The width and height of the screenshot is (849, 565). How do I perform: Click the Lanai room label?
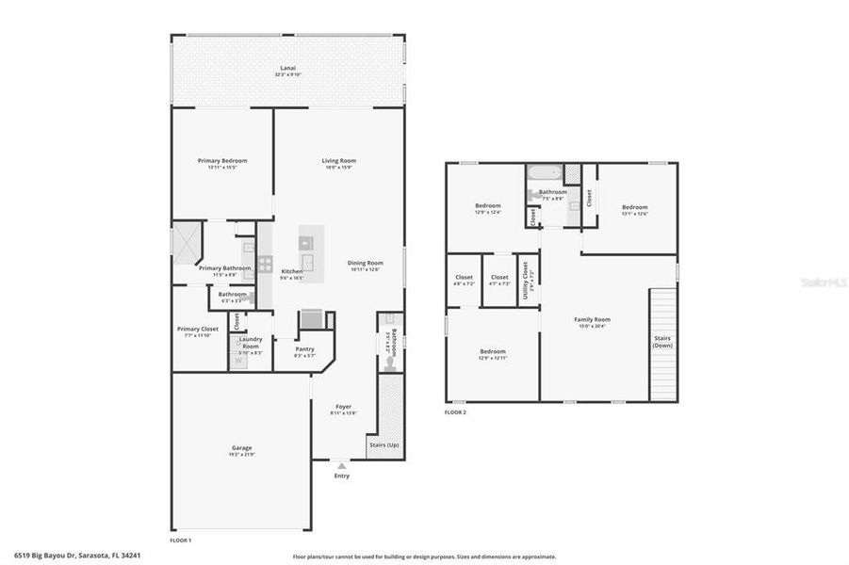click(x=288, y=69)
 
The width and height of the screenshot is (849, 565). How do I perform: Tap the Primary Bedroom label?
click(x=222, y=161)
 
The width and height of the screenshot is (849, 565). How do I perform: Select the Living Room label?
click(x=339, y=161)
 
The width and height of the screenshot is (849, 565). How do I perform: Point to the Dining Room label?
click(x=366, y=263)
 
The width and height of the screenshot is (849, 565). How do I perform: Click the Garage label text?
click(x=242, y=447)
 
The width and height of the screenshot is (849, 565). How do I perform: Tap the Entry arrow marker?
click(x=341, y=465)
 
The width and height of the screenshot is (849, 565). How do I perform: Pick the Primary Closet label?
click(x=198, y=329)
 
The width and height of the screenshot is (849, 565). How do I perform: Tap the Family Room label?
click(x=593, y=319)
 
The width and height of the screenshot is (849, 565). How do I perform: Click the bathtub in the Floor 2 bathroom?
click(x=544, y=173)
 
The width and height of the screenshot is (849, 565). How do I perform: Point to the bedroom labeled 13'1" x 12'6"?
click(x=634, y=207)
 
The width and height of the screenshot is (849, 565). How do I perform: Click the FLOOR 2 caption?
click(x=455, y=412)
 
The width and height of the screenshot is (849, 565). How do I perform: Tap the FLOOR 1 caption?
click(x=180, y=541)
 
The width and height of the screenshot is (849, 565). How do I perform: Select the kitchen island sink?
click(x=308, y=263)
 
